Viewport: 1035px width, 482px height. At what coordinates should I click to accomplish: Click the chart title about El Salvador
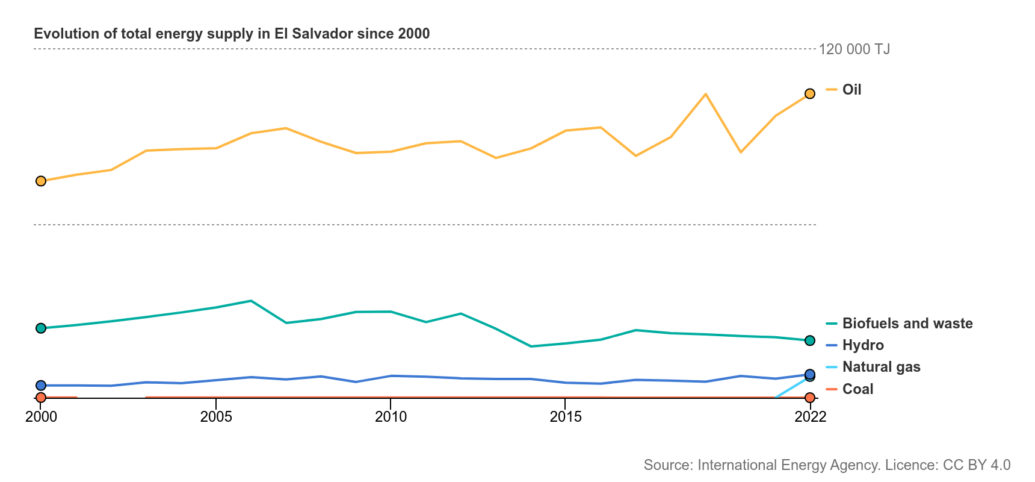pyautogui.click(x=232, y=34)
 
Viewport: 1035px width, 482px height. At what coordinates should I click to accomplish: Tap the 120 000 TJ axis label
pyautogui.click(x=854, y=49)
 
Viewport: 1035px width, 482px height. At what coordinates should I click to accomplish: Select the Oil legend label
pyautogui.click(x=851, y=90)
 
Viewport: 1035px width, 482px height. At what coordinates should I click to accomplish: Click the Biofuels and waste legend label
pyautogui.click(x=907, y=324)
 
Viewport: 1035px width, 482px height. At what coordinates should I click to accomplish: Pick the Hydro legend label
pyautogui.click(x=863, y=345)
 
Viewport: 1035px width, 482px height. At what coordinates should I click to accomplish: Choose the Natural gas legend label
pyautogui.click(x=881, y=367)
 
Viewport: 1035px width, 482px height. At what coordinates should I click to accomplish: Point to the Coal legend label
pyautogui.click(x=857, y=389)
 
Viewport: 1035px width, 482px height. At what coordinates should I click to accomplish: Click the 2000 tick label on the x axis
pyautogui.click(x=41, y=417)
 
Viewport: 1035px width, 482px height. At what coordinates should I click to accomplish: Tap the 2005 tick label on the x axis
pyautogui.click(x=216, y=417)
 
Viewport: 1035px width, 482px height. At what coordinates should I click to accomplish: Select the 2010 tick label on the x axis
pyautogui.click(x=391, y=417)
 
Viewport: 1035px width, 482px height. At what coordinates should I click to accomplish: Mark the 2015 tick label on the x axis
pyautogui.click(x=566, y=417)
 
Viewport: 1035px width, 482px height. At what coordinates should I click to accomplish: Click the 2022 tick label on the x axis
pyautogui.click(x=810, y=417)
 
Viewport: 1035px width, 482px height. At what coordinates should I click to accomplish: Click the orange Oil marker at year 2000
pyautogui.click(x=41, y=181)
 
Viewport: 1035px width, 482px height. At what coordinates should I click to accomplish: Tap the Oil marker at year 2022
pyautogui.click(x=810, y=93)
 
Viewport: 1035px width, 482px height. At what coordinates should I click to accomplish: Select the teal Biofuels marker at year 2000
pyautogui.click(x=41, y=328)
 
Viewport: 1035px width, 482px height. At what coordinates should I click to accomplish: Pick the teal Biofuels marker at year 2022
pyautogui.click(x=810, y=340)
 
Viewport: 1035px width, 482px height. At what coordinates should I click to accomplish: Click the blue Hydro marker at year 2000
pyautogui.click(x=41, y=386)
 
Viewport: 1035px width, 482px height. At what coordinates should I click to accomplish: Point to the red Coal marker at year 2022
pyautogui.click(x=810, y=398)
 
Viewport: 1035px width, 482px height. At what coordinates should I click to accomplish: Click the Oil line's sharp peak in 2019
pyautogui.click(x=705, y=95)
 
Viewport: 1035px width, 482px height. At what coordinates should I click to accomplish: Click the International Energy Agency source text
pyautogui.click(x=827, y=465)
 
